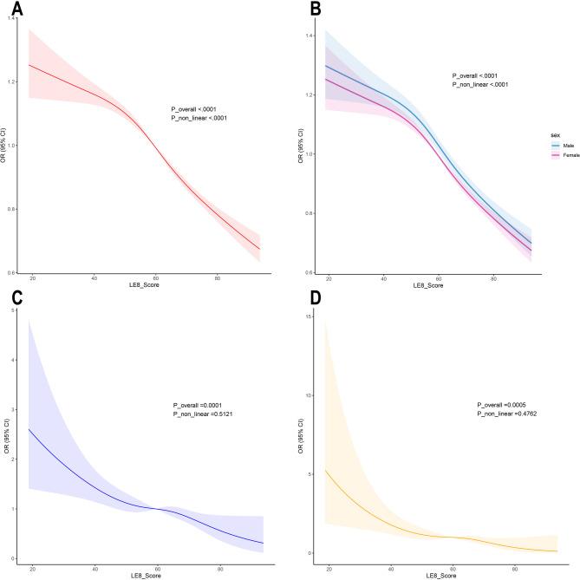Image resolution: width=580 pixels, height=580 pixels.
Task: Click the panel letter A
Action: coord(8,10)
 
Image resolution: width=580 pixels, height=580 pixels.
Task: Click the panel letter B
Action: coord(306,10)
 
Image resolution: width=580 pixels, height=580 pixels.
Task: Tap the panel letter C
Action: coord(8,300)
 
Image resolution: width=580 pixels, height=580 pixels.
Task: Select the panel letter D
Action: coord(305,300)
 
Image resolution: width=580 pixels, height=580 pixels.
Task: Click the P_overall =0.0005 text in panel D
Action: coord(502,406)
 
